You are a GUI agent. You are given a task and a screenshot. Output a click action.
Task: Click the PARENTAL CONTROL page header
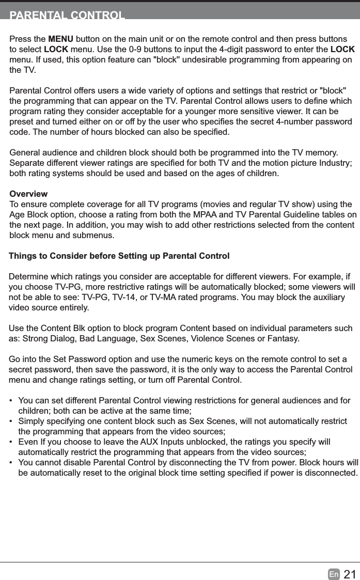(x=67, y=14)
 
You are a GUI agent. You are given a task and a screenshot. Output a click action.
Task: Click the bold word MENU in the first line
(x=60, y=40)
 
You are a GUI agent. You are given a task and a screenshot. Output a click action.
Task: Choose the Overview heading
(x=28, y=194)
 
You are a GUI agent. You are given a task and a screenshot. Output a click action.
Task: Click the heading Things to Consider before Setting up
(x=119, y=256)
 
